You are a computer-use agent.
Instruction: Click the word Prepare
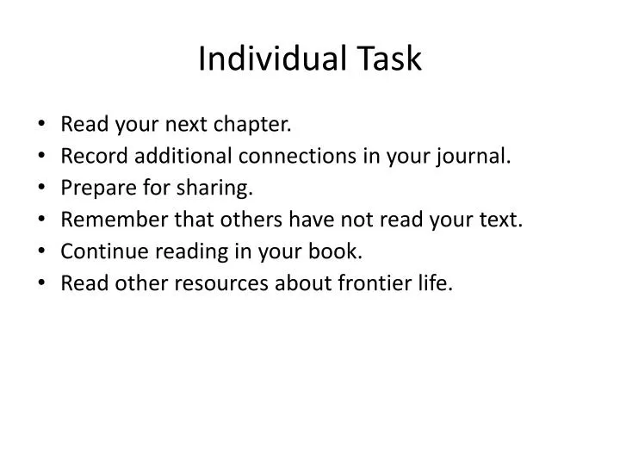[x=94, y=188]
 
